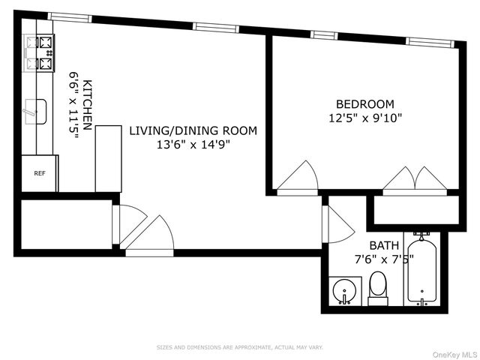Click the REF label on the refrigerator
[40, 173]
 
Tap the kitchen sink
[35, 112]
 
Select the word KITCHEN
[87, 105]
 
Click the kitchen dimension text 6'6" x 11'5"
[73, 104]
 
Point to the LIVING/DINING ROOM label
[193, 130]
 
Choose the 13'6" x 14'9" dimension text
[193, 144]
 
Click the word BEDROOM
[365, 104]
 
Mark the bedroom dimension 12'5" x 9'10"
[365, 118]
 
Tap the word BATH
[384, 245]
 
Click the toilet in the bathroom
[378, 288]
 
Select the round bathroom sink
[345, 291]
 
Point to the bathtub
[421, 268]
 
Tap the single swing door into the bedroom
[298, 178]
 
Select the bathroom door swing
[338, 224]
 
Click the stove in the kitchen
[39, 53]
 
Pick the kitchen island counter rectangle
[108, 158]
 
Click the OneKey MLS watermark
[455, 355]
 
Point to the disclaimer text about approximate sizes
[240, 347]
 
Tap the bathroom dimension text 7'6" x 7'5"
[384, 259]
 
